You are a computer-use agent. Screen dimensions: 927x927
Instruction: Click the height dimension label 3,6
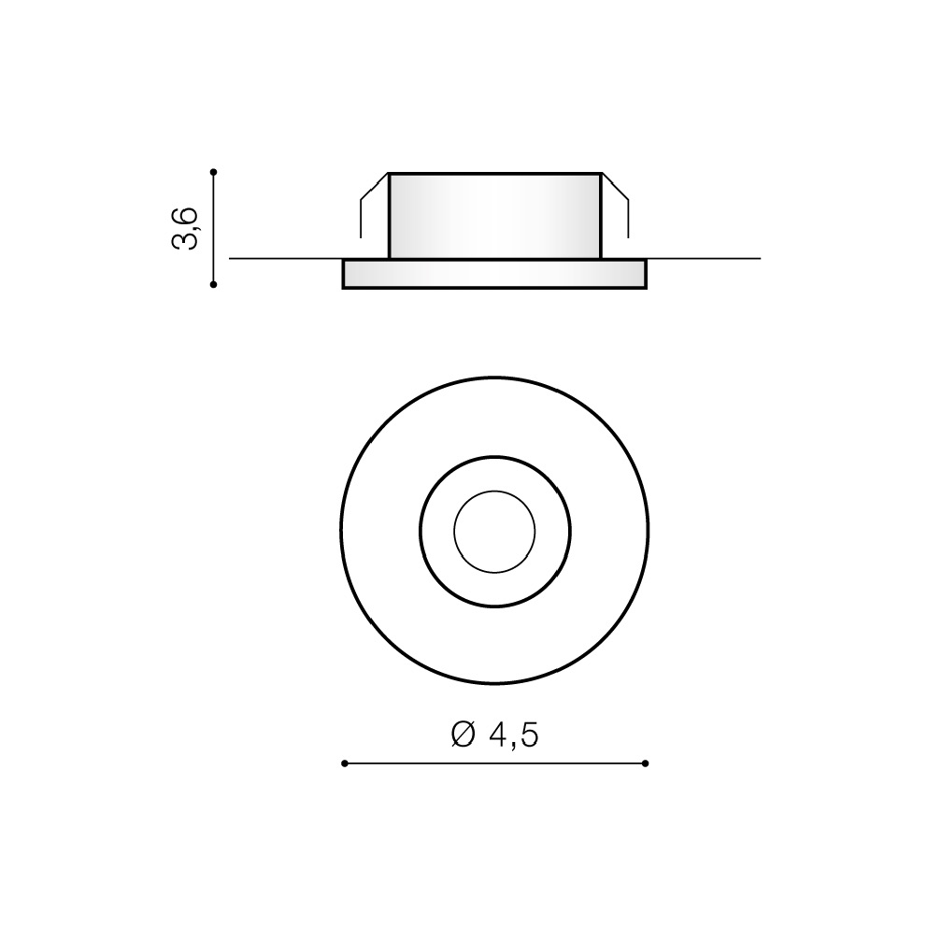(x=184, y=228)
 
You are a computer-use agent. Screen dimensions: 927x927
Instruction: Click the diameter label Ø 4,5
(x=495, y=734)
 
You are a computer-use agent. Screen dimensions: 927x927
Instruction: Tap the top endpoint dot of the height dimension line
(x=214, y=172)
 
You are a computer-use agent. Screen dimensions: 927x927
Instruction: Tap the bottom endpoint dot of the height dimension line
(x=214, y=285)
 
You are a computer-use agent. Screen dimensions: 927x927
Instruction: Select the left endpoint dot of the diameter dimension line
(x=345, y=763)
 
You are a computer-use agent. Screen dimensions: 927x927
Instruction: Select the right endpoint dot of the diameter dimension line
(x=646, y=763)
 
